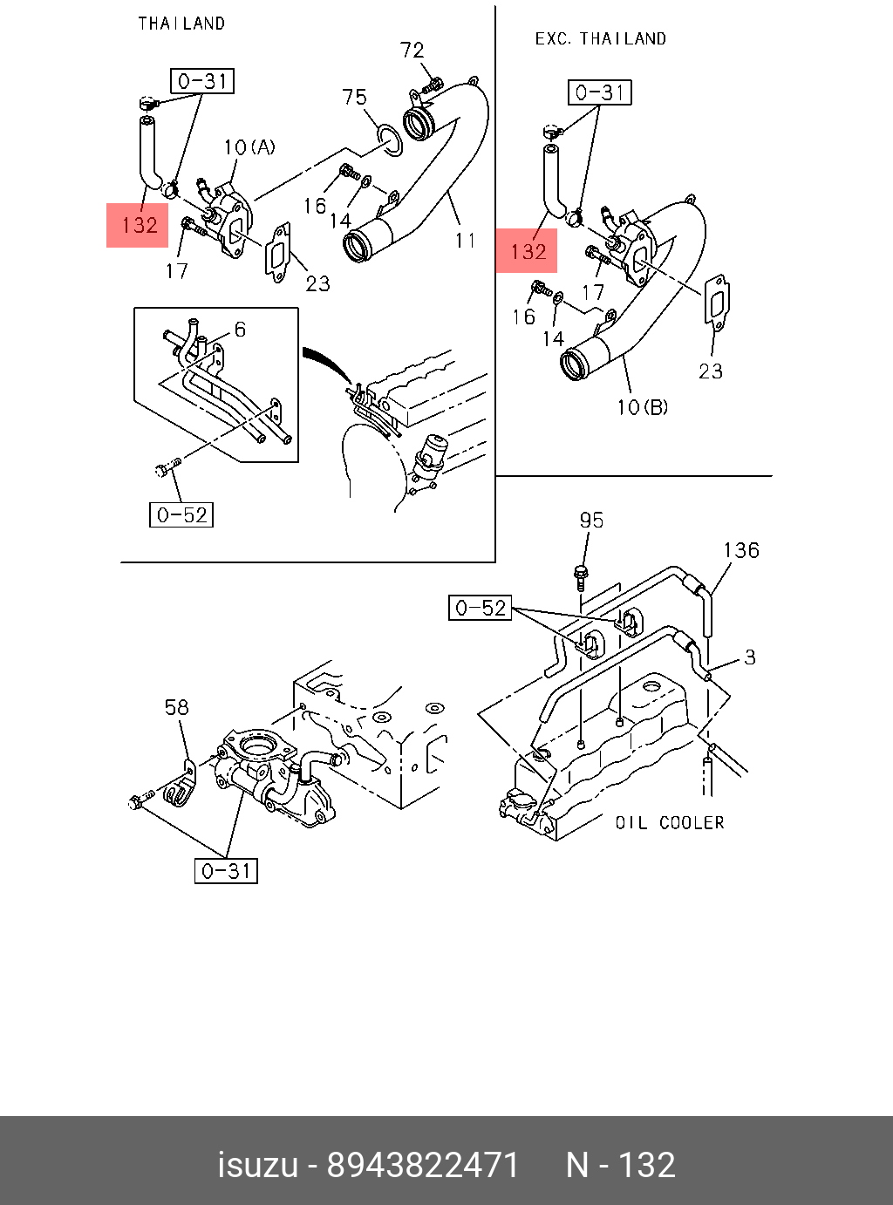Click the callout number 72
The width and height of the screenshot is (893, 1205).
(412, 51)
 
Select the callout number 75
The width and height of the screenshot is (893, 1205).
(355, 97)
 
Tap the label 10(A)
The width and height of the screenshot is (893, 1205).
(249, 147)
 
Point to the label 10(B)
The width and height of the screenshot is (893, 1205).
(643, 407)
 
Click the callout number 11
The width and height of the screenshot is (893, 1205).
(466, 240)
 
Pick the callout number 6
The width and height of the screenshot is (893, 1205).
(240, 330)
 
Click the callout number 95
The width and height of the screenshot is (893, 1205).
(591, 521)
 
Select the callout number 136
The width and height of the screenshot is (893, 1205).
(741, 550)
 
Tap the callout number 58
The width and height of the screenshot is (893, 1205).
(177, 707)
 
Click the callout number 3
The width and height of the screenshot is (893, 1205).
(750, 657)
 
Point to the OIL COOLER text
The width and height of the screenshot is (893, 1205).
(670, 823)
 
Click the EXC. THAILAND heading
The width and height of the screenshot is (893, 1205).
(601, 39)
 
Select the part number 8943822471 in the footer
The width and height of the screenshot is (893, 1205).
(423, 1165)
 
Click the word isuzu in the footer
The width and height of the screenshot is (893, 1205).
(257, 1165)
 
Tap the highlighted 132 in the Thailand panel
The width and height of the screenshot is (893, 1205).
(139, 226)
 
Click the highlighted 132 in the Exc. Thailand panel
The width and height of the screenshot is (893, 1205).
(528, 252)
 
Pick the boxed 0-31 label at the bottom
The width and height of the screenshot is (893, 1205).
(226, 870)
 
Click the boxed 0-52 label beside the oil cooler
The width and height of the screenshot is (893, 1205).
(481, 608)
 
